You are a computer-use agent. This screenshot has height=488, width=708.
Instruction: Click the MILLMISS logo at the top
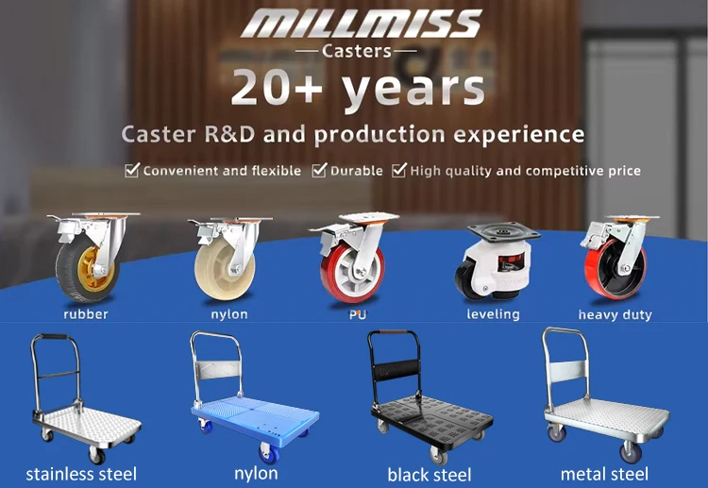362,24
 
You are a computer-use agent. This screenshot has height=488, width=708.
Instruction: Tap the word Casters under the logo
357,51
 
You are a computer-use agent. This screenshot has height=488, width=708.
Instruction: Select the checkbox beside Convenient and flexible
132,170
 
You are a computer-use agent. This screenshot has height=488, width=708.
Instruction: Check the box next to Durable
319,170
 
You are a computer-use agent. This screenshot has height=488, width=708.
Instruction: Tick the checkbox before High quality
399,170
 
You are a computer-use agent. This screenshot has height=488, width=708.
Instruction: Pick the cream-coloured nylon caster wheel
228,259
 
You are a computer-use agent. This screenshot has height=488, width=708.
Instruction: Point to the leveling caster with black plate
497,261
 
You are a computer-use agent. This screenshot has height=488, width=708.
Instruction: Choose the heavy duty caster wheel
617,257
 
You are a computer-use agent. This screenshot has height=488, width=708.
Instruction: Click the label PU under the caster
358,314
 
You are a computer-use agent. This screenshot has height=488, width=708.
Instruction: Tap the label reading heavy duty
615,314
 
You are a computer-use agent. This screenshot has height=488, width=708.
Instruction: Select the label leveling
493,314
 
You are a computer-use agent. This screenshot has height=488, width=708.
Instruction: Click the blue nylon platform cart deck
255,413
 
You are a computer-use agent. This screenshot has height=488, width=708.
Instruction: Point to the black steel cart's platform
432,418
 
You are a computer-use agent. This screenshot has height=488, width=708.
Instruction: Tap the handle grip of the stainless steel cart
55,337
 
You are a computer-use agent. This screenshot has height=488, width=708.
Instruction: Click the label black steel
430,475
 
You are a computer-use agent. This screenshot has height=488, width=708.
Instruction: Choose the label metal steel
604,474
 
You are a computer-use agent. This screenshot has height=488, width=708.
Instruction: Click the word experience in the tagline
519,135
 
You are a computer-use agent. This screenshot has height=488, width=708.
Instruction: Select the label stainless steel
81,474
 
